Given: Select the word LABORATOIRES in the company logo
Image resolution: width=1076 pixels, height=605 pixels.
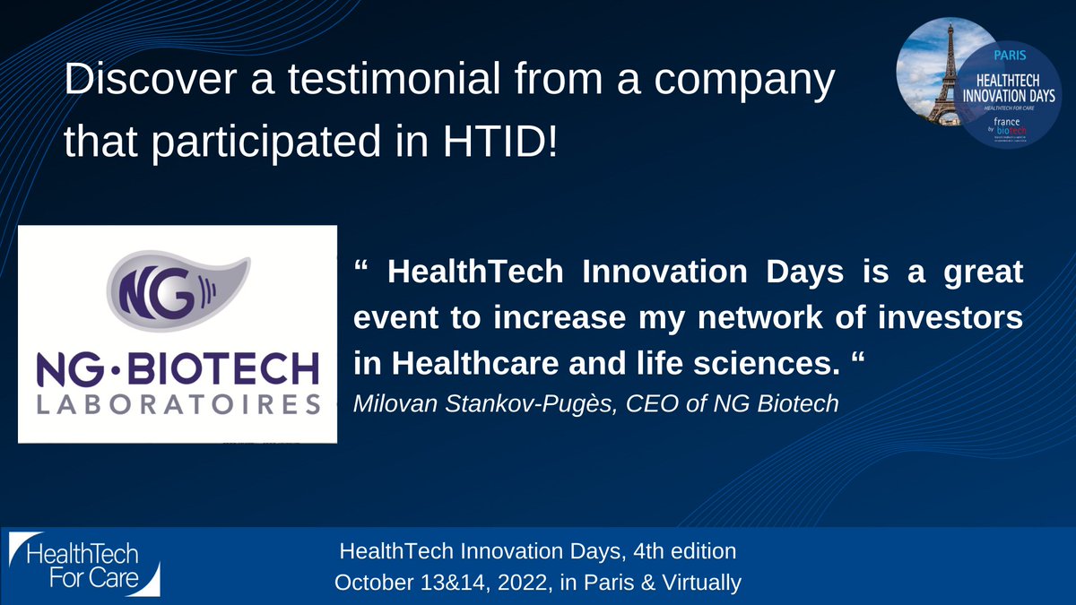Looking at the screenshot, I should tap(178, 405).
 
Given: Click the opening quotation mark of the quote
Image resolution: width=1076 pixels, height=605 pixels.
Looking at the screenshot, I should tap(362, 272).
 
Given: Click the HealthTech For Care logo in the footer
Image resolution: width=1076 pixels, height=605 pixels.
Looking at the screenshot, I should tap(85, 564).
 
